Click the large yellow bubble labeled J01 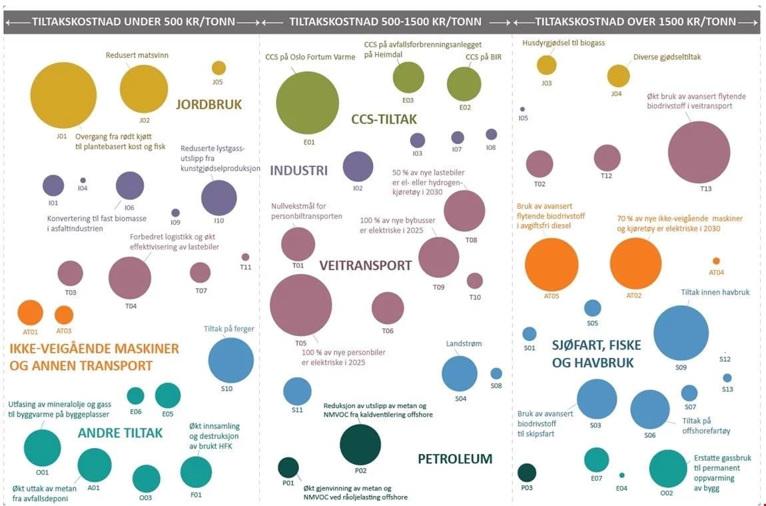coord(63,95)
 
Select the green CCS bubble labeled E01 coord(308,103)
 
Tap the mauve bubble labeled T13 coord(699,152)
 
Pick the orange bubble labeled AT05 coord(552,265)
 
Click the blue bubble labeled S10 coord(230,360)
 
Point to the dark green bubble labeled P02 coord(360,444)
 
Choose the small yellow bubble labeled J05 coord(218,68)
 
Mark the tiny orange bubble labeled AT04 coord(716,261)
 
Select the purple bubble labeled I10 coord(218,198)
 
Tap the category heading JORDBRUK coord(208,105)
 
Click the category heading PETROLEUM coord(455,459)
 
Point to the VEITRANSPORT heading coord(366,265)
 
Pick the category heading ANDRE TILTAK coord(120,433)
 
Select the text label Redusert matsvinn coord(137,55)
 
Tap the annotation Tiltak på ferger coord(228,329)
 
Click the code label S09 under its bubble coord(681,367)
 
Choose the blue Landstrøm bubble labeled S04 coord(459,373)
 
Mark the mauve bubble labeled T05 coord(300,305)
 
